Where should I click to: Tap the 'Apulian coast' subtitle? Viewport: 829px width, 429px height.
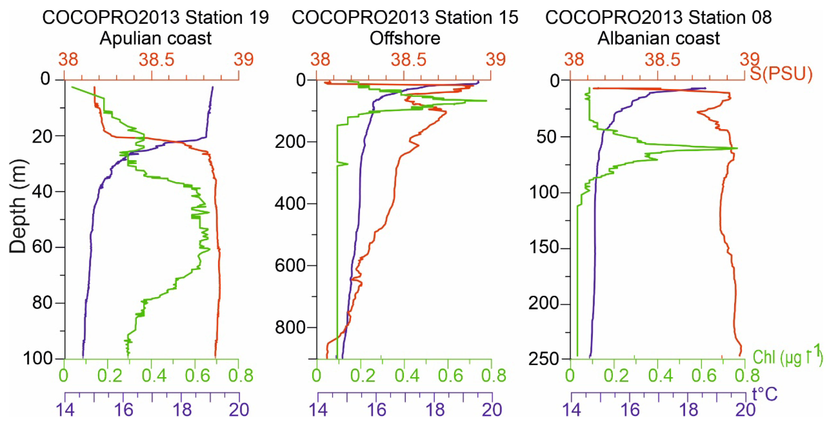[155, 38]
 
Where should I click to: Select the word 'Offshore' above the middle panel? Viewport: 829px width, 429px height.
[405, 38]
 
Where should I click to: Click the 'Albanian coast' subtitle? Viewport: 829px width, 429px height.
[658, 38]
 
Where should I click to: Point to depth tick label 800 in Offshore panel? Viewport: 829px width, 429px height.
[290, 327]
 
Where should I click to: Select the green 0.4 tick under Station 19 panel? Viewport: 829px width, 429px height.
[154, 375]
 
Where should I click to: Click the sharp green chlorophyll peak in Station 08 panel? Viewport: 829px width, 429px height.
[736, 148]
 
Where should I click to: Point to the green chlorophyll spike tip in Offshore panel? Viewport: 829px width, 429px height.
[486, 101]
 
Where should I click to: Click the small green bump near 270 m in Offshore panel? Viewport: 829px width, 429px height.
[347, 164]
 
